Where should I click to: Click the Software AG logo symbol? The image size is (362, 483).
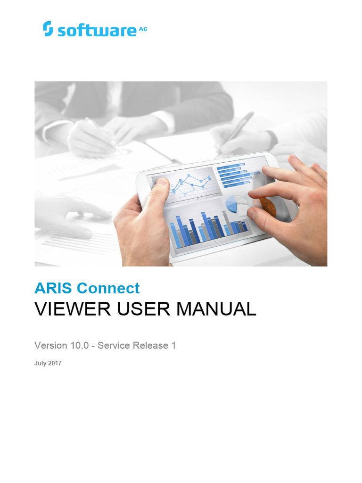48,29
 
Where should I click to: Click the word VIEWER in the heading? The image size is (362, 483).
71,309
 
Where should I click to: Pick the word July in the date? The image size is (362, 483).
41,364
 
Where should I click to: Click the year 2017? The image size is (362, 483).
55,364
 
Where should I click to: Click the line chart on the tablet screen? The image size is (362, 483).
186,184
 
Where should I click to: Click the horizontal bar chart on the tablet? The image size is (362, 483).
233,173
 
